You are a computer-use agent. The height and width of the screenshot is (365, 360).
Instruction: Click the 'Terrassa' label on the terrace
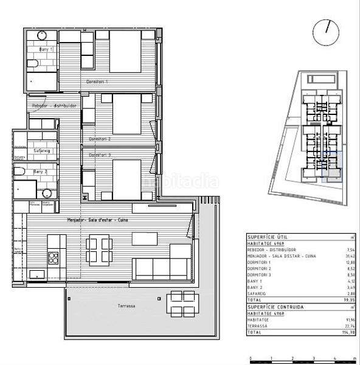(126, 306)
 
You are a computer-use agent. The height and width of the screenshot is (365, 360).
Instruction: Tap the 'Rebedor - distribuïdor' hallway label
(54, 105)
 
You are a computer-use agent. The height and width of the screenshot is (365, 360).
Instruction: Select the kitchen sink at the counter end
(36, 274)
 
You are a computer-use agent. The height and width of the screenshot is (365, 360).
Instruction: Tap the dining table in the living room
(99, 249)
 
